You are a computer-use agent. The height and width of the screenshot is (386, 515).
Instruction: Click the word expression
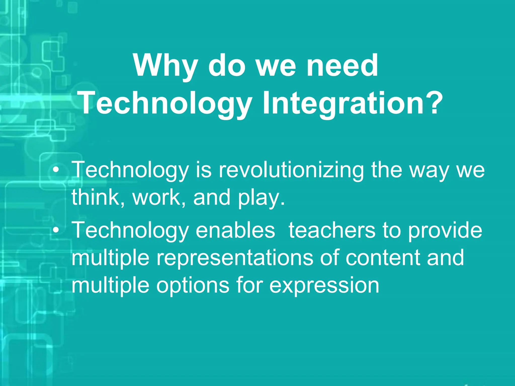324,286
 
